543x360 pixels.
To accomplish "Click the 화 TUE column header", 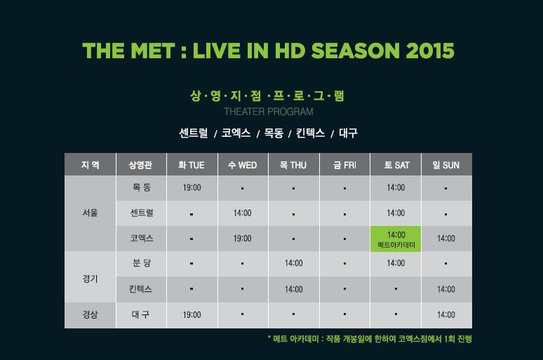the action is click(192, 165).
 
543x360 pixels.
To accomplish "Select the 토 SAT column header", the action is click(396, 165).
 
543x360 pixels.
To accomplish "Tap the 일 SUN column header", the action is click(446, 165).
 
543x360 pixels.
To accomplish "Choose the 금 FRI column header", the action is click(345, 165).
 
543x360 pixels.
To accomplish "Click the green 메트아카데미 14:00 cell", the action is click(396, 239).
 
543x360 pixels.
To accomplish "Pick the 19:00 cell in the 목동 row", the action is click(192, 188).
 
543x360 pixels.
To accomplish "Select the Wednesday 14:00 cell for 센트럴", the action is click(243, 213).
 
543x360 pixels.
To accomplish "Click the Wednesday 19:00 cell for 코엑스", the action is click(243, 239).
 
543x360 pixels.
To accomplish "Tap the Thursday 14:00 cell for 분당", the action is click(294, 263).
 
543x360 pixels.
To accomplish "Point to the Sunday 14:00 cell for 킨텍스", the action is click(446, 289).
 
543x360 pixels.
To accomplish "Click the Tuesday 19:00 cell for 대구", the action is click(192, 315).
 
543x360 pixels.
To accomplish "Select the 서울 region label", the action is click(90, 213).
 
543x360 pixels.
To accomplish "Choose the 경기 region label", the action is click(90, 279).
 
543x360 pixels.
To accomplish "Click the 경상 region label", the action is click(90, 315).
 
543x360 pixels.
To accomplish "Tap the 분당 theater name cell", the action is click(141, 263).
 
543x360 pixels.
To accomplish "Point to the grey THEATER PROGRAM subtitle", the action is click(269, 112).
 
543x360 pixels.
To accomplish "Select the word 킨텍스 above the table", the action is click(310, 133).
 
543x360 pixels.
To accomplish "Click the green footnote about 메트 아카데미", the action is click(370, 339).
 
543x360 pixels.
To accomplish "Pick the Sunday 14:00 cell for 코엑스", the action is click(446, 239).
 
